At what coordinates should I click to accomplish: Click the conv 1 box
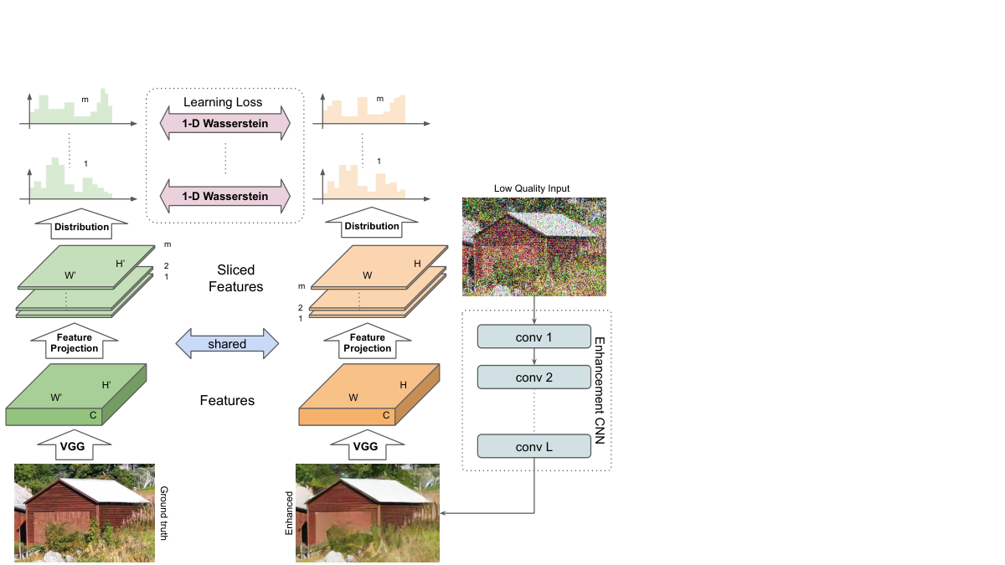[x=534, y=336]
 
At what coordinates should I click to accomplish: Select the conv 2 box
[x=534, y=378]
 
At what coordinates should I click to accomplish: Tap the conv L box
[x=534, y=446]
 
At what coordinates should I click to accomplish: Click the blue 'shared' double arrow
[x=227, y=343]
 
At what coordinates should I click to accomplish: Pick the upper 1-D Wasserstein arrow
[x=225, y=123]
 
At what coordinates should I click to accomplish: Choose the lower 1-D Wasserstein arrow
[x=225, y=196]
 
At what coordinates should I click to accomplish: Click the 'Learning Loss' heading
[x=223, y=102]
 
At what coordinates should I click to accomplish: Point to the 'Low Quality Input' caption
[x=532, y=188]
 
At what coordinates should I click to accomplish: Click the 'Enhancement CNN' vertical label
[x=600, y=391]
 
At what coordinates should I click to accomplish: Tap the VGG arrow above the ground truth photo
[x=74, y=445]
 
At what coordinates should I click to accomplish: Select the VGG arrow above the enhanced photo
[x=368, y=445]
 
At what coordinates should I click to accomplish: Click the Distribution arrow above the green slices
[x=81, y=224]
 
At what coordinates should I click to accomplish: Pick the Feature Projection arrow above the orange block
[x=368, y=342]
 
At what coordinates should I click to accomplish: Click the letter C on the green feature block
[x=93, y=415]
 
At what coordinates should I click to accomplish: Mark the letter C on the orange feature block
[x=386, y=415]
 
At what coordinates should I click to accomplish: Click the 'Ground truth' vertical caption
[x=164, y=513]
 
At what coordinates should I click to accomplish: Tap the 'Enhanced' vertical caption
[x=289, y=513]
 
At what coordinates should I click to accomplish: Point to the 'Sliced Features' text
[x=236, y=278]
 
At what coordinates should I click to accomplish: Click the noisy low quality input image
[x=534, y=247]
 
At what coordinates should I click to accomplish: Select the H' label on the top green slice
[x=121, y=264]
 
